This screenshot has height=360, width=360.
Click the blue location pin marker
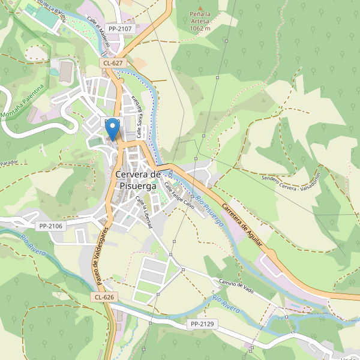pos(112,130)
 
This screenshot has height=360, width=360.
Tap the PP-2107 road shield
pos(119,28)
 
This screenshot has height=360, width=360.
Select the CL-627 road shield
pos(113,62)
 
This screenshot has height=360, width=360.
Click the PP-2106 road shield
pos(50,226)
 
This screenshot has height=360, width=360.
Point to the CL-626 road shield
pos(104,297)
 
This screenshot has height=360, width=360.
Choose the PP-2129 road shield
pos(202,324)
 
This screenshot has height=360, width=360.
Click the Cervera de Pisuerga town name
pos(137,180)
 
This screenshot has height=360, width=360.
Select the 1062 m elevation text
pos(200,28)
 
